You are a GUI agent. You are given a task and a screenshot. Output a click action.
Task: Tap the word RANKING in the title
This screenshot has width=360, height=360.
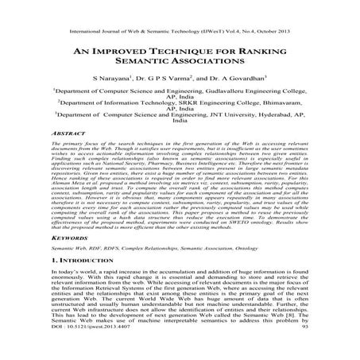[x=261, y=49]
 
